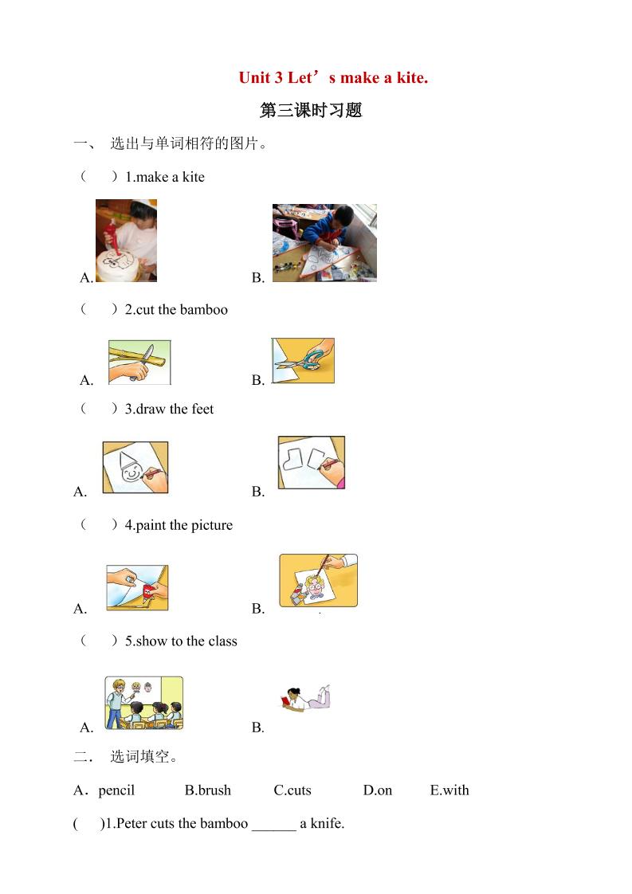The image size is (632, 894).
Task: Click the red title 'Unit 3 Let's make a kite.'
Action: pyautogui.click(x=333, y=78)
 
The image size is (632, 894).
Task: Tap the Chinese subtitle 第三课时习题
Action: pyautogui.click(x=311, y=111)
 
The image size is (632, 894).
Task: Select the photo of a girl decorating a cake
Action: pyautogui.click(x=126, y=241)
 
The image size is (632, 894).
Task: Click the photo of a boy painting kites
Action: pyautogui.click(x=324, y=243)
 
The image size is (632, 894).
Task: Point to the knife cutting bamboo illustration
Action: pyautogui.click(x=139, y=363)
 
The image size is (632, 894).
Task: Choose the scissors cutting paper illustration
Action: pyautogui.click(x=303, y=361)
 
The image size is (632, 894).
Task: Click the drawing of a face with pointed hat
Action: pyautogui.click(x=135, y=468)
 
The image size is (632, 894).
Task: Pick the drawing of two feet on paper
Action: pyautogui.click(x=311, y=463)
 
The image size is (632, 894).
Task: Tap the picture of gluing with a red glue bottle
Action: pyautogui.click(x=137, y=588)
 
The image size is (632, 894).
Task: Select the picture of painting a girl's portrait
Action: pyautogui.click(x=318, y=581)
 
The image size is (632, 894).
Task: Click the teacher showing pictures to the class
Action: pyautogui.click(x=143, y=703)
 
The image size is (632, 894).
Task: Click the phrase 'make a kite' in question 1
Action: pyautogui.click(x=171, y=177)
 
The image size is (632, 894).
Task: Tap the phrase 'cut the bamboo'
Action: pyautogui.click(x=182, y=310)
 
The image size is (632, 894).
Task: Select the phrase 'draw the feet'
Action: pyautogui.click(x=175, y=409)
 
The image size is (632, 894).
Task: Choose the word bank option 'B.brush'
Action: pyautogui.click(x=207, y=790)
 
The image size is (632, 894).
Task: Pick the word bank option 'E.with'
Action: pyautogui.click(x=449, y=790)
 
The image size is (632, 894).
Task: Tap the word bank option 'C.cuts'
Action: pyautogui.click(x=292, y=790)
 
